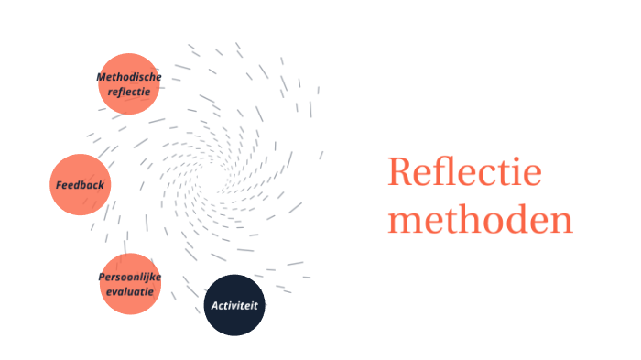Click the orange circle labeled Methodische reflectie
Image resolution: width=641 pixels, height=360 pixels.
pos(129,83)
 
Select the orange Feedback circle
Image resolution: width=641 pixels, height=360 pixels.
pos(81,184)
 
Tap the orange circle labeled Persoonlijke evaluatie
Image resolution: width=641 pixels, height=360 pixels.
pos(130,284)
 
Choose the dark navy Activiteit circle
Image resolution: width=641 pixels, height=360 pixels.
pos(234,304)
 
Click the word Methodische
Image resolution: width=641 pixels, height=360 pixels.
pos(129,77)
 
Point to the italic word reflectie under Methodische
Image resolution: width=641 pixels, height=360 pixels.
pos(129,92)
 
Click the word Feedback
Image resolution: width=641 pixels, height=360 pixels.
pos(81,185)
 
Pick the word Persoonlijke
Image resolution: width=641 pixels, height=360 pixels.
pos(130,277)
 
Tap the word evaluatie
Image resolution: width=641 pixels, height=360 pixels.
pos(130,291)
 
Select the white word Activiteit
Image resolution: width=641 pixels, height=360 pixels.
pos(234,304)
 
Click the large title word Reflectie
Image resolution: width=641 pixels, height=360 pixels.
pos(464,173)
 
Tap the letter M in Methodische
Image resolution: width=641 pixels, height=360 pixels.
pos(101,77)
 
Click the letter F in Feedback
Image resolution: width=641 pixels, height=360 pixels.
pos(59,185)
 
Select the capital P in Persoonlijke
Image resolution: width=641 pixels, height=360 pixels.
pos(102,277)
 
